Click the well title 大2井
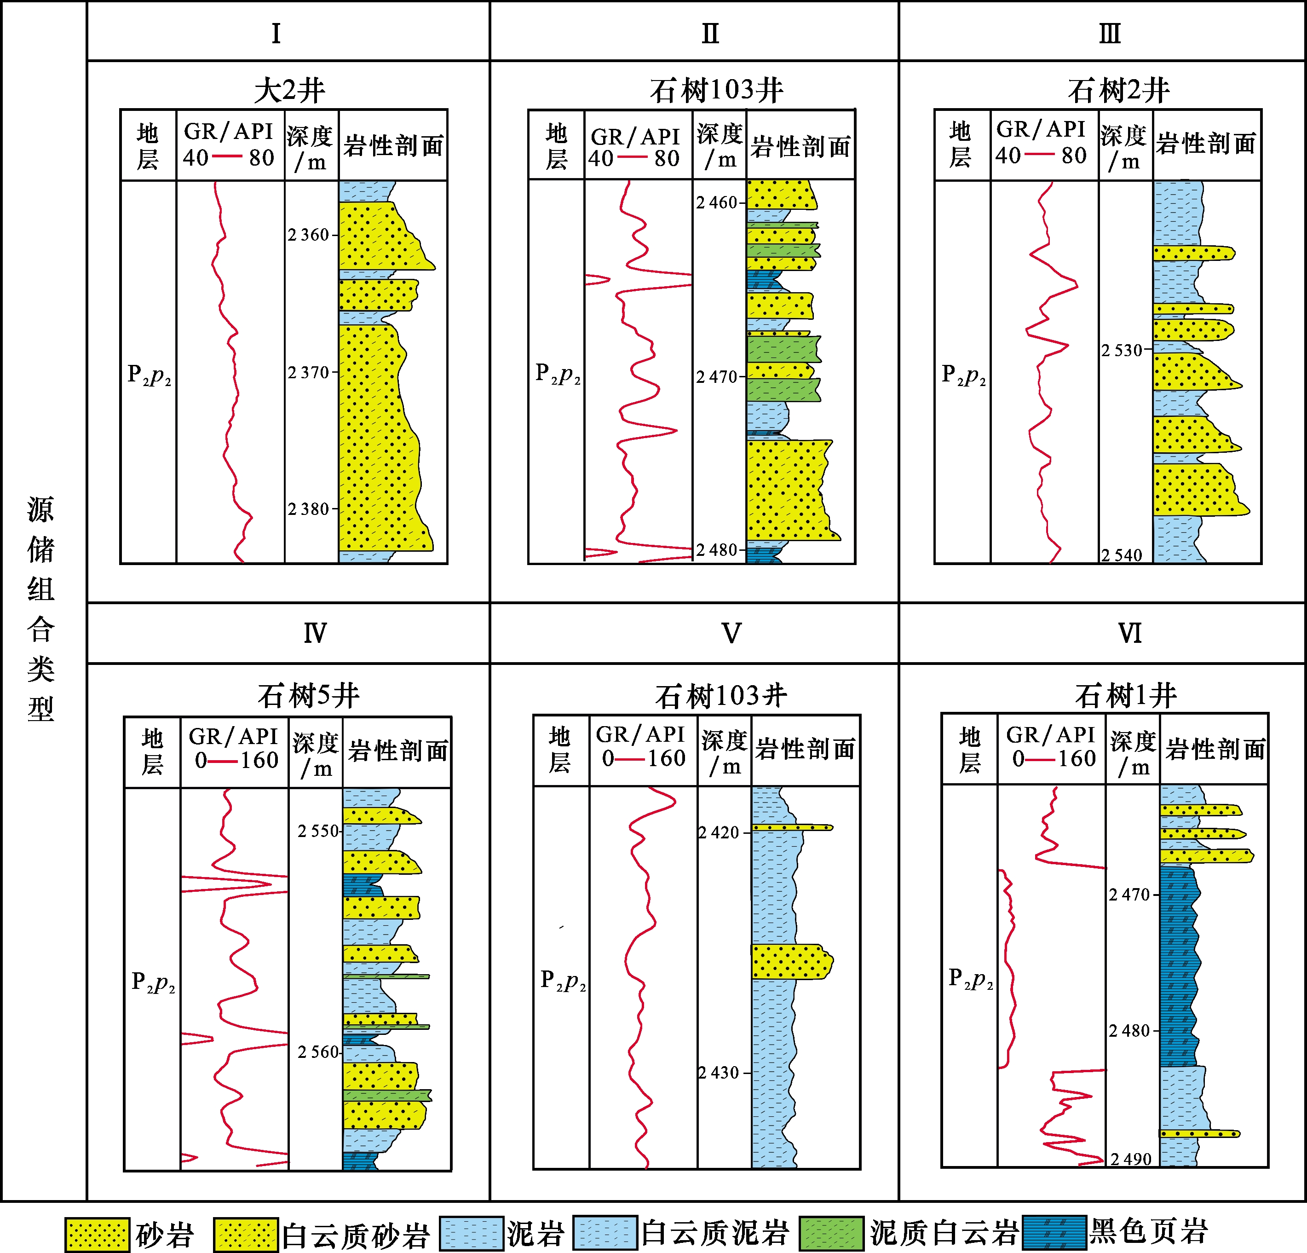[289, 91]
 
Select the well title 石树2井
[1118, 91]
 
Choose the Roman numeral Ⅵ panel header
[1129, 633]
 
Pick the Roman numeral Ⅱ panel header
[710, 33]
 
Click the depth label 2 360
[309, 235]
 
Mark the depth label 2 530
[1122, 350]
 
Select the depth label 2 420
[719, 832]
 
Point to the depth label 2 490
[1131, 1159]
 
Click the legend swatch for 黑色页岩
[1054, 1233]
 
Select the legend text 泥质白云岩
[944, 1233]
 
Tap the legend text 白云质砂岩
[356, 1236]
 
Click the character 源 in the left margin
[40, 510]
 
